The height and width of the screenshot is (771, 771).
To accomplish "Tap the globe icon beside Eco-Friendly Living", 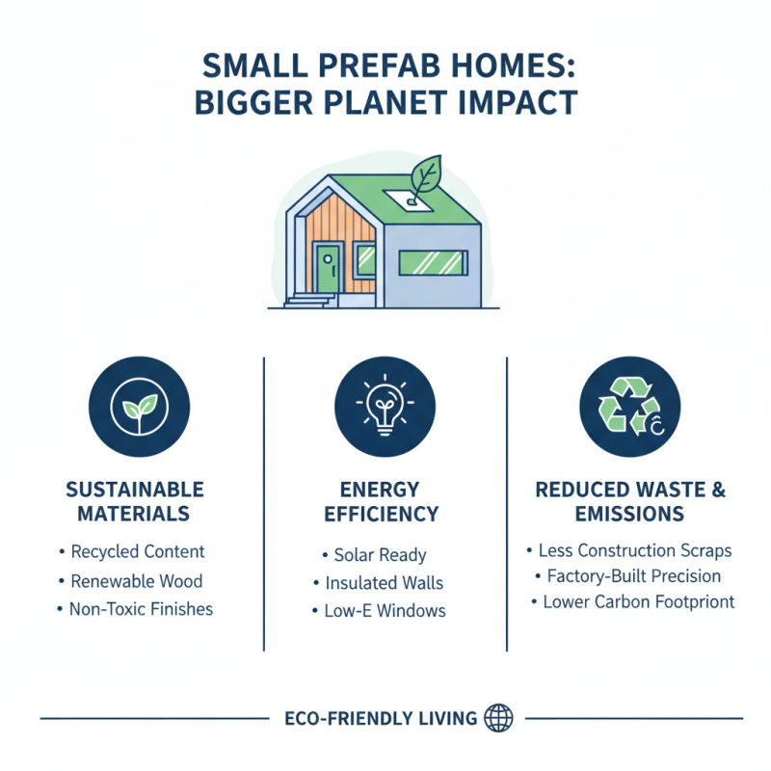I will (x=500, y=717).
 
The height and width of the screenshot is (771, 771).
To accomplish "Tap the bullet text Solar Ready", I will (x=380, y=556).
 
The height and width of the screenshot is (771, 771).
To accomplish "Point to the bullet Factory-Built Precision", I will (x=633, y=576).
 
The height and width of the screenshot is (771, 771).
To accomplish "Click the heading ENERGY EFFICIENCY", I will (x=383, y=501).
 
